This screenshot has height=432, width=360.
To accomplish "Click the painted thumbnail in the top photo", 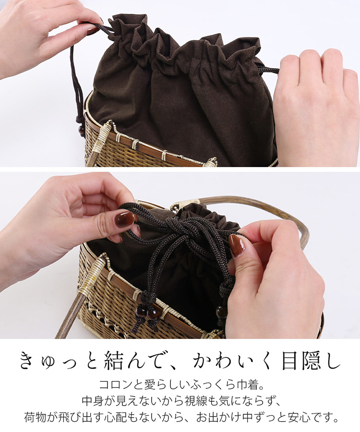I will [x=93, y=30].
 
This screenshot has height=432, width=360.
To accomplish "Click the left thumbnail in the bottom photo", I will [x=125, y=219].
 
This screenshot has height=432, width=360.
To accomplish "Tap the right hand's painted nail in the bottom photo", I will [x=237, y=245].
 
